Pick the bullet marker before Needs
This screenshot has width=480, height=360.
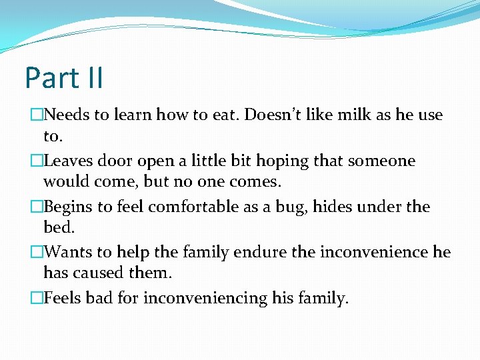(x=36, y=115)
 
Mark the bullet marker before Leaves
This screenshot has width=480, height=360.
(x=36, y=161)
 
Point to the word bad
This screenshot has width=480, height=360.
(x=100, y=298)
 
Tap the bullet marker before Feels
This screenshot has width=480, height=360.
(x=36, y=299)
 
